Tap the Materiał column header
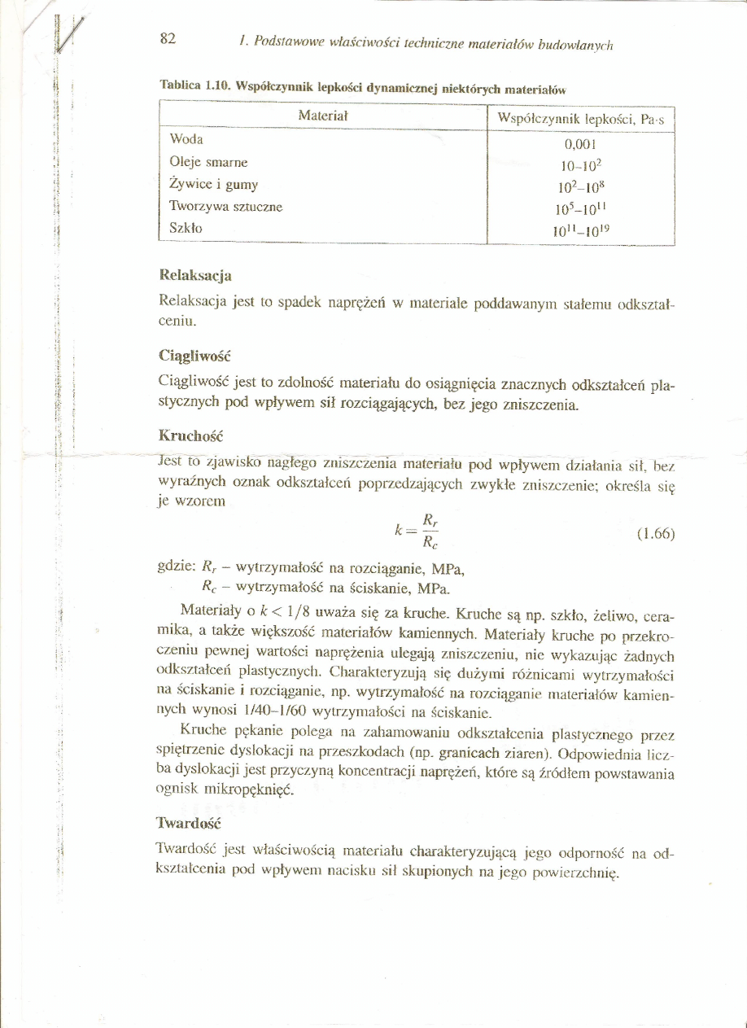(323, 116)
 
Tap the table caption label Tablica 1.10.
(192, 85)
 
